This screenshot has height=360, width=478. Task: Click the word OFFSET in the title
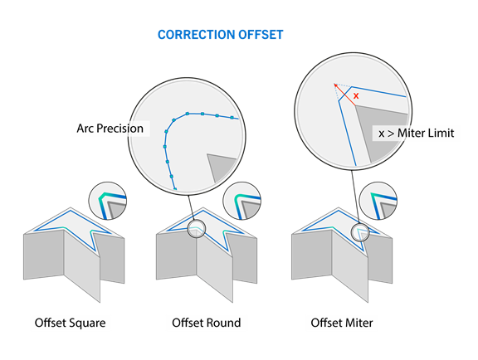[261, 35]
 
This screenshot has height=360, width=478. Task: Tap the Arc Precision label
[110, 129]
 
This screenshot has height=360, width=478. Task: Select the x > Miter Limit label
[417, 134]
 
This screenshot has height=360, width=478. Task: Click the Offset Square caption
[70, 323]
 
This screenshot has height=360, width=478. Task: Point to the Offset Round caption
[207, 323]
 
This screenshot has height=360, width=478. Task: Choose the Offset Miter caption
[342, 323]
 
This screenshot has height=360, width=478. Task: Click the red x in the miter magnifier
[356, 96]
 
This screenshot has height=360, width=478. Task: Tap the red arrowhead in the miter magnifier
[335, 85]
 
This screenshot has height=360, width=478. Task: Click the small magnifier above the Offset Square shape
[108, 201]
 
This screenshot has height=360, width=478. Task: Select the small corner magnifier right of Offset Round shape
[242, 201]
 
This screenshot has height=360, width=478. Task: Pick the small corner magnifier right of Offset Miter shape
[378, 201]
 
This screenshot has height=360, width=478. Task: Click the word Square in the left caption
[88, 324]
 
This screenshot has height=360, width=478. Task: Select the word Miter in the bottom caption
[358, 323]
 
